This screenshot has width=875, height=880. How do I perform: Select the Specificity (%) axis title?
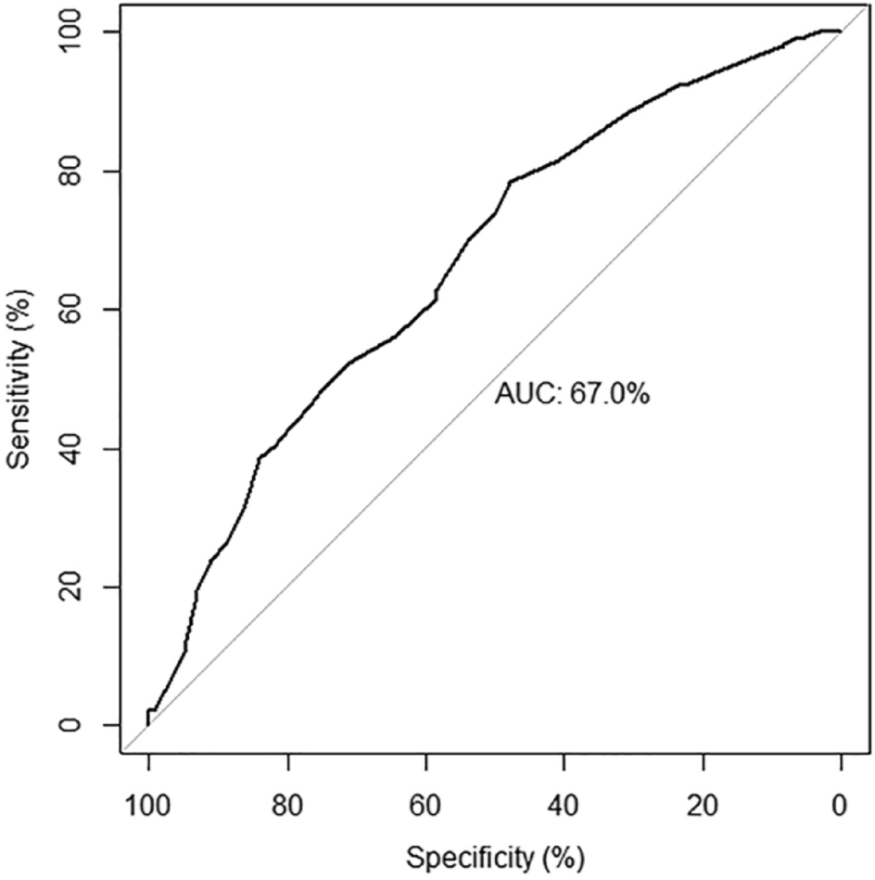(x=494, y=855)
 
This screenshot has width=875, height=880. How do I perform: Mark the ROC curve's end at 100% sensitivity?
(x=839, y=32)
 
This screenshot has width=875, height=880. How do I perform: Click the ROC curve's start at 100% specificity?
(x=148, y=724)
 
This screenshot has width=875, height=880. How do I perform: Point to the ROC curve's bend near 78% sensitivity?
(x=510, y=182)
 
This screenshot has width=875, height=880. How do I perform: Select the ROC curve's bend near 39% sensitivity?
(x=259, y=458)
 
